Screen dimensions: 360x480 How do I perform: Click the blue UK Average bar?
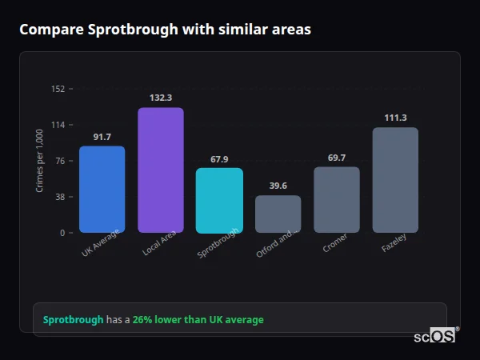click(x=102, y=189)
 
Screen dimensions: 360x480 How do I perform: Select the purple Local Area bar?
click(x=161, y=170)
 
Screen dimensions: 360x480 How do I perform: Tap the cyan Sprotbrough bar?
click(x=219, y=200)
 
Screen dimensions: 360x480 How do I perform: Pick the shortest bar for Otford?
click(x=278, y=214)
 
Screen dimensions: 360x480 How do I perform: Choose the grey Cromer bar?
click(x=337, y=199)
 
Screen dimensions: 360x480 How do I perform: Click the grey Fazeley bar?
click(x=395, y=179)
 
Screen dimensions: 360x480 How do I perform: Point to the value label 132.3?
click(x=161, y=98)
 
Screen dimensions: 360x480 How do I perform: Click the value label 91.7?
click(x=102, y=137)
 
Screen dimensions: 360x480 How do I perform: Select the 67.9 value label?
click(x=219, y=159)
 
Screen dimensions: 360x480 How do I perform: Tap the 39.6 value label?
click(x=278, y=186)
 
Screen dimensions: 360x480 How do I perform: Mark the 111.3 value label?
click(x=395, y=118)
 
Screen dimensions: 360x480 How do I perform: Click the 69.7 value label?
click(x=337, y=158)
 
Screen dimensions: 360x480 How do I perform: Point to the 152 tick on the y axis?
click(x=58, y=89)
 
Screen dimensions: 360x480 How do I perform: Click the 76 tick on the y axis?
click(x=60, y=161)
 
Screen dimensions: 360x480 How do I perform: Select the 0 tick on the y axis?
click(x=62, y=233)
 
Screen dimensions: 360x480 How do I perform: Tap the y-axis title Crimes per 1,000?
click(x=40, y=161)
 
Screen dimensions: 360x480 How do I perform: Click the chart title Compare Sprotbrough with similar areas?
click(x=165, y=30)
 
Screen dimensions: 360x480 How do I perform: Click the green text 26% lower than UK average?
click(x=198, y=320)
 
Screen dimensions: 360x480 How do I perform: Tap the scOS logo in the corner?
click(x=435, y=336)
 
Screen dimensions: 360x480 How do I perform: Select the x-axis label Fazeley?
click(x=394, y=247)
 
